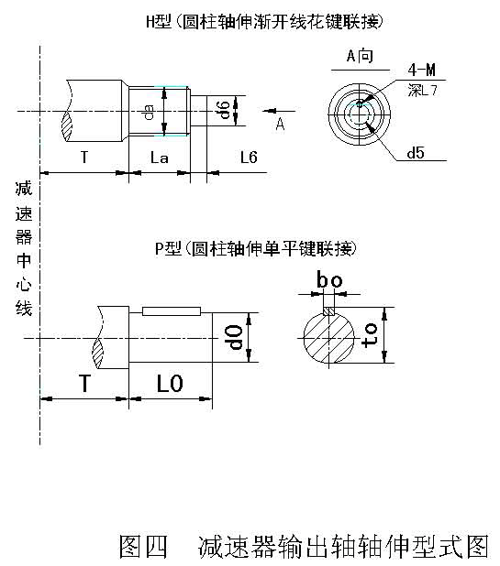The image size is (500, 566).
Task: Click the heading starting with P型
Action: click(x=256, y=248)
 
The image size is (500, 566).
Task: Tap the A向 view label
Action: click(x=360, y=57)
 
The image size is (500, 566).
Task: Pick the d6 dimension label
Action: click(x=222, y=111)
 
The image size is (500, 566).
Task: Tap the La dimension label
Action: click(x=159, y=158)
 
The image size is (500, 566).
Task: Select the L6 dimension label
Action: click(x=248, y=158)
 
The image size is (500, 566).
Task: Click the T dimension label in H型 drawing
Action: click(x=83, y=158)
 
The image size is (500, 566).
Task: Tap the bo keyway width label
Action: click(x=329, y=278)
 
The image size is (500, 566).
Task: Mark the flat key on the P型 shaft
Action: click(x=171, y=311)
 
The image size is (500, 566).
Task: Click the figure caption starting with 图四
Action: click(x=304, y=546)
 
